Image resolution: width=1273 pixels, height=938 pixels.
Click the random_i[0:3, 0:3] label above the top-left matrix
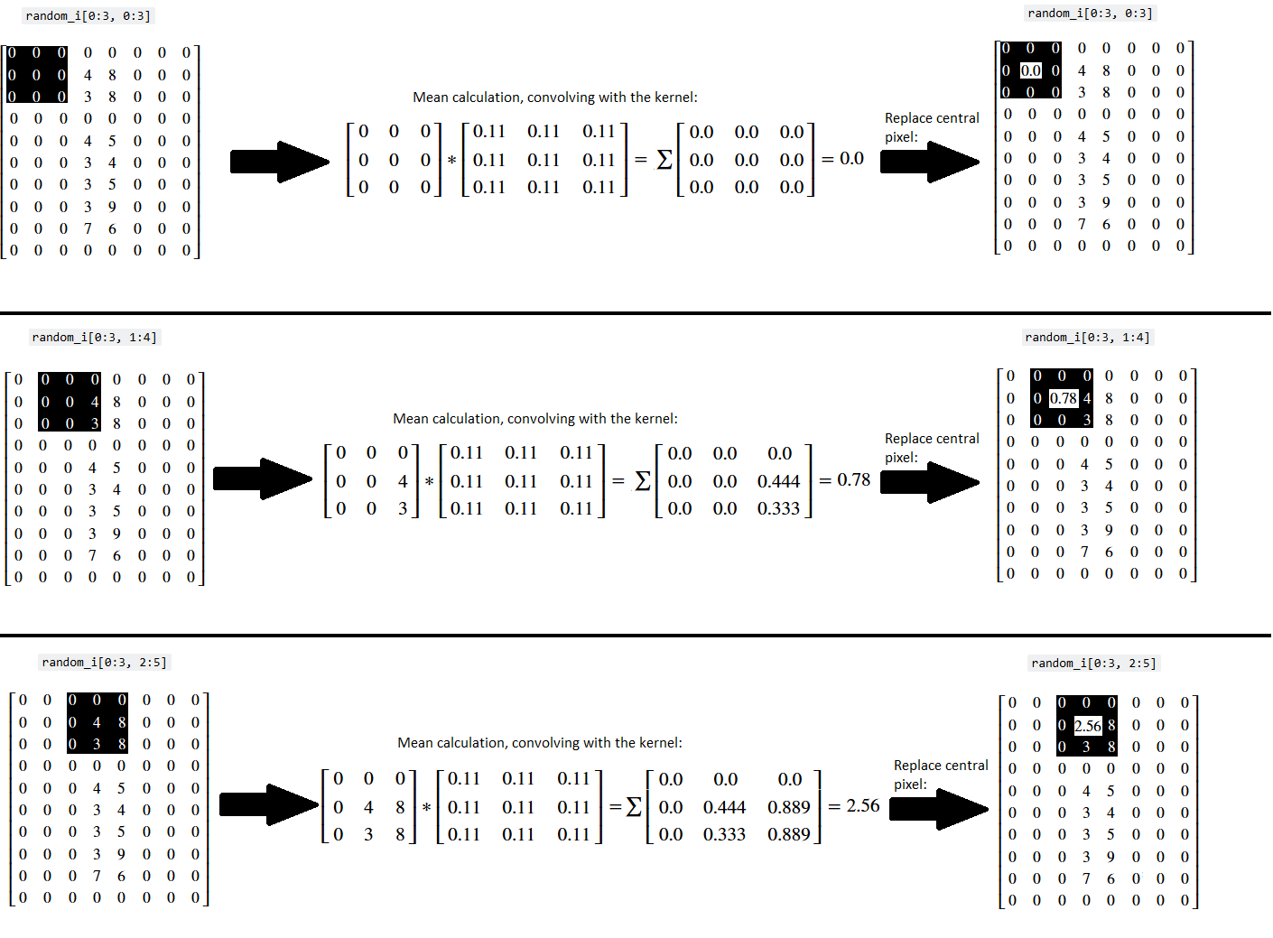(x=88, y=16)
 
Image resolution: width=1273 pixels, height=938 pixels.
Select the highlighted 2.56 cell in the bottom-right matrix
(x=1087, y=726)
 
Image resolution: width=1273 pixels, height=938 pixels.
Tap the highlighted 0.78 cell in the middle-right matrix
(x=1063, y=398)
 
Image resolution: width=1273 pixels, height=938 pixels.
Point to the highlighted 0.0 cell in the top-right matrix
(x=1030, y=70)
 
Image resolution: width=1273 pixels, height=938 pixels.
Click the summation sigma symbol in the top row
(x=664, y=160)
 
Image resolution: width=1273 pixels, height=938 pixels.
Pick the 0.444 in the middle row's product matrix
(x=778, y=482)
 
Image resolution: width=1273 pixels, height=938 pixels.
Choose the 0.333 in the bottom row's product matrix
(x=724, y=835)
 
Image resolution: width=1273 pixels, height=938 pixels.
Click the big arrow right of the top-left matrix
(x=280, y=162)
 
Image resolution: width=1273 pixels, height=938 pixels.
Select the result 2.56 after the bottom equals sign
(x=862, y=805)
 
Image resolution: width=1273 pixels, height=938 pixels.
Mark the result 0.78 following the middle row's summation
(x=853, y=480)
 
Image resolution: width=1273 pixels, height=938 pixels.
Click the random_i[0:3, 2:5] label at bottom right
(x=1093, y=664)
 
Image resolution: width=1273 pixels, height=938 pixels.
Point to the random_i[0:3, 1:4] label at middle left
(x=94, y=338)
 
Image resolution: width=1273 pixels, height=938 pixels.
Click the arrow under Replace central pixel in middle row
(x=930, y=482)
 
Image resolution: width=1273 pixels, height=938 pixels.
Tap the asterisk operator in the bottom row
(x=427, y=808)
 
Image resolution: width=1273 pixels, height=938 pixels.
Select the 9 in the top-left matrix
(x=112, y=207)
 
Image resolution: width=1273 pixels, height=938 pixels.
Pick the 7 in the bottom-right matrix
(x=1086, y=879)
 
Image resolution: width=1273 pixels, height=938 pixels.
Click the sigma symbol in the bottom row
(x=634, y=807)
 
